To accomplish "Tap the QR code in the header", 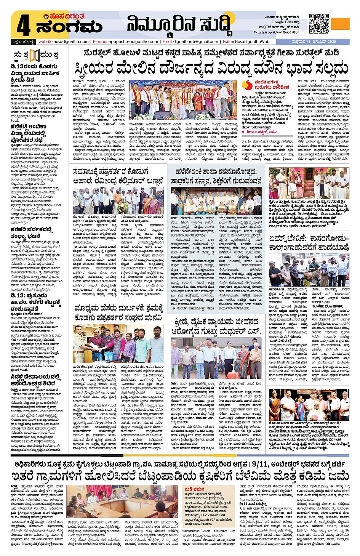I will coord(319,24).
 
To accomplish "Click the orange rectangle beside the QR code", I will coord(340,24).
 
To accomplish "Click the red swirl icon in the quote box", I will coord(248,84).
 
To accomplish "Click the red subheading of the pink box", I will coord(194,489).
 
